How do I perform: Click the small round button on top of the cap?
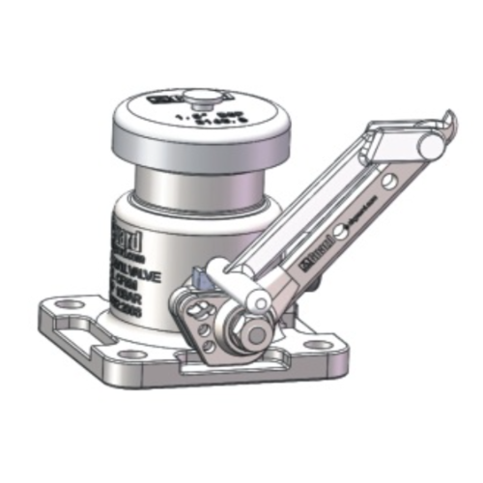200,98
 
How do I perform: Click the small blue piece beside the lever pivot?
200,277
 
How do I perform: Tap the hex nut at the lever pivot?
252,331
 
